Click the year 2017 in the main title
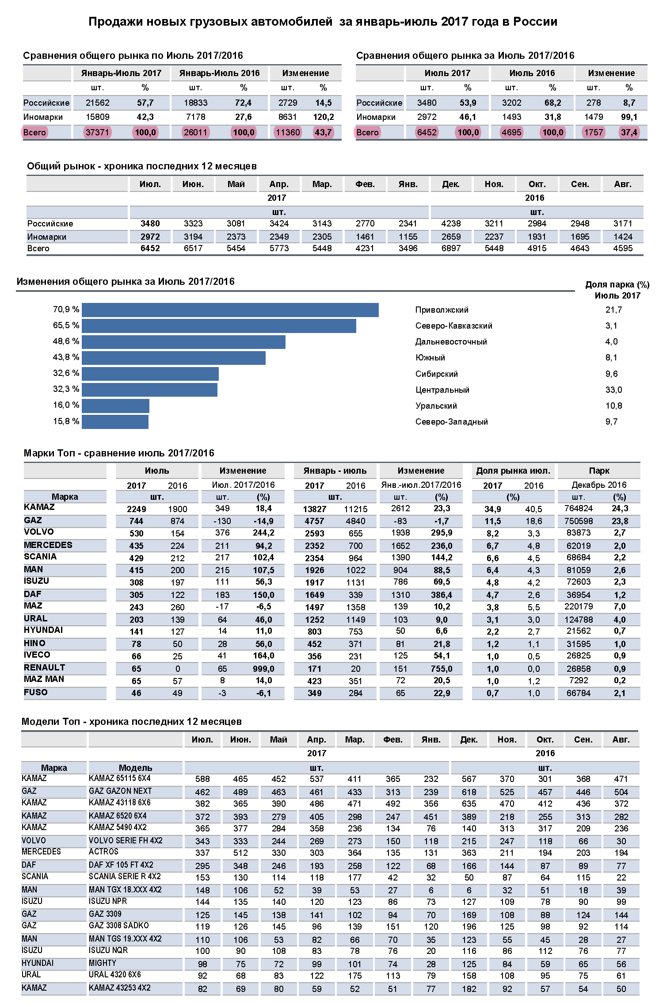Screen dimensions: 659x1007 coord(454,22)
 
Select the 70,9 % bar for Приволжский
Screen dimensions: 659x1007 coord(230,310)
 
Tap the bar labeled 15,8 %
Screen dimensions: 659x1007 coord(115,421)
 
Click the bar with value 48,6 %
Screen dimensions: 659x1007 coord(183,342)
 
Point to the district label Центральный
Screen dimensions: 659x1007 coord(442,390)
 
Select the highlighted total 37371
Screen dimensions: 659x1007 coord(97,132)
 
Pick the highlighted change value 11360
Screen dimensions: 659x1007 coord(288,132)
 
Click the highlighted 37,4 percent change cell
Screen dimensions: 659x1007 coord(629,132)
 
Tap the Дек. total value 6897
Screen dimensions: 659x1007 coord(451,248)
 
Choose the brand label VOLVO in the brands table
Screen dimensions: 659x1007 coord(39,532)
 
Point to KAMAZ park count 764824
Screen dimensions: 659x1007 coord(579,508)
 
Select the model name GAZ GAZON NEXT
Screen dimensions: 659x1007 coord(120,791)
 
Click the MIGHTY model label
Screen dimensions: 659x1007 coord(103,963)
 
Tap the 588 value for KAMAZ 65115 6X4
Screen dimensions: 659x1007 coord(202,779)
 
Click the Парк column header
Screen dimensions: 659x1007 coord(599,471)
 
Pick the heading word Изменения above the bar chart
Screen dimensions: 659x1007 coord(43,281)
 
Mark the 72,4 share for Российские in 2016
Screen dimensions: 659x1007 coord(243,103)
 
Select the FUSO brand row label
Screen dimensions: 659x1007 coord(36,692)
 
